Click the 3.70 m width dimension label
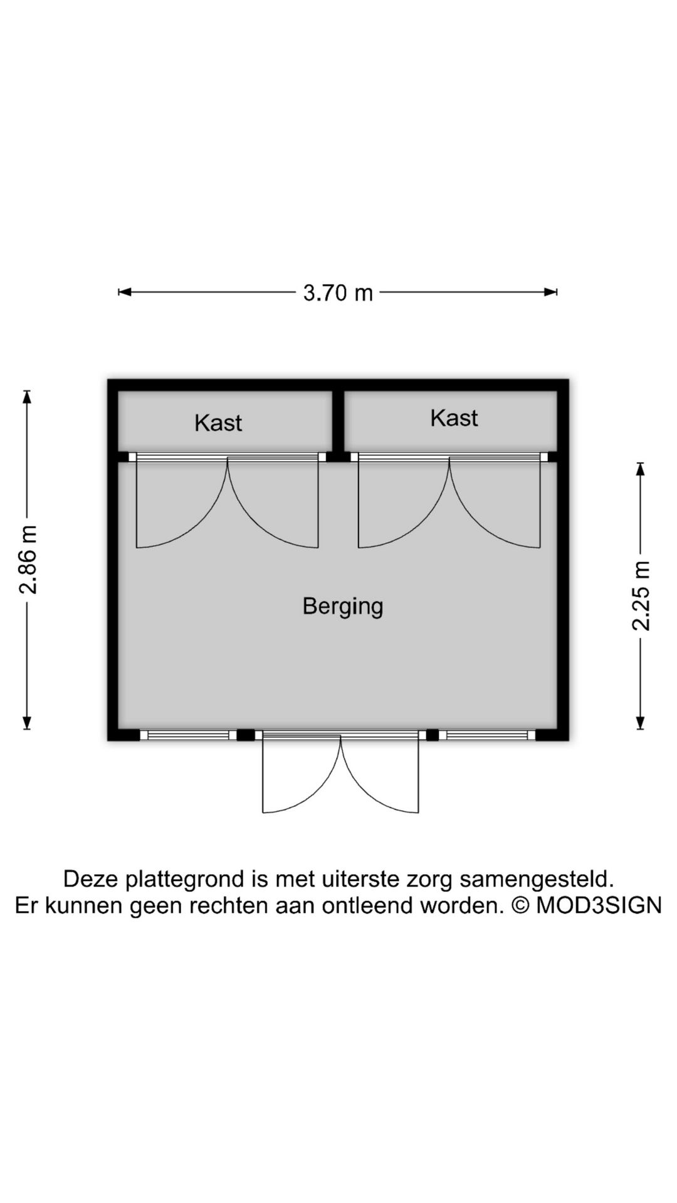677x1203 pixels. (x=338, y=293)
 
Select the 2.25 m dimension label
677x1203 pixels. (x=641, y=595)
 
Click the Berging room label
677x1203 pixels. (x=343, y=607)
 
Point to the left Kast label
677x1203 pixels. (x=218, y=423)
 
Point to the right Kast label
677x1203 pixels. (x=454, y=418)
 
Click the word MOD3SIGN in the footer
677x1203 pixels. (x=599, y=905)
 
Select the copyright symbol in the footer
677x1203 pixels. (x=520, y=905)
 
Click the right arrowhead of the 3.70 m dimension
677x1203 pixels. (x=551, y=291)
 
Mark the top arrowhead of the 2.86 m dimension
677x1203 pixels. (x=27, y=397)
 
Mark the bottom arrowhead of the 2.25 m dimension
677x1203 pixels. (x=640, y=723)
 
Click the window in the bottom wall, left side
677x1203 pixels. (x=188, y=735)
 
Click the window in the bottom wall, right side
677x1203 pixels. (x=487, y=735)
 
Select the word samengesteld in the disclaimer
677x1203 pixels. (x=537, y=880)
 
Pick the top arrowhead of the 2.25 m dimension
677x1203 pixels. (x=640, y=469)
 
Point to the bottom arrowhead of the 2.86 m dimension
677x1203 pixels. (x=27, y=723)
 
